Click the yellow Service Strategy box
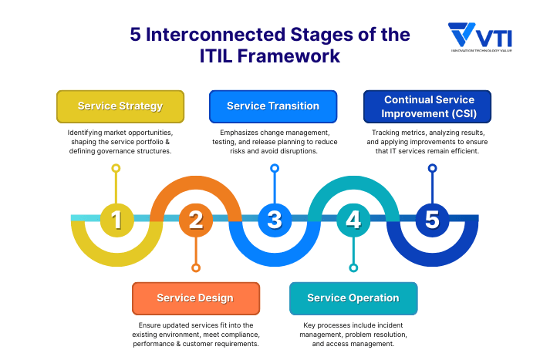[x=120, y=106]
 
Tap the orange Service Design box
[x=195, y=298]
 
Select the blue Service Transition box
[x=273, y=106]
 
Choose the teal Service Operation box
[x=353, y=298]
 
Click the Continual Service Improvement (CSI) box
[x=429, y=106]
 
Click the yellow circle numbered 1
[x=116, y=220]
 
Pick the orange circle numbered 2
[x=196, y=220]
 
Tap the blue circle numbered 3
[x=275, y=220]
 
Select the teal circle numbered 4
[x=353, y=220]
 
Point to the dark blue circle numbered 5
[x=432, y=220]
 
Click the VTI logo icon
[x=462, y=35]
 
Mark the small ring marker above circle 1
[x=116, y=167]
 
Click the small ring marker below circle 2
[x=196, y=268]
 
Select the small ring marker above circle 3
[x=275, y=167]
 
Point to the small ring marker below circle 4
[x=353, y=268]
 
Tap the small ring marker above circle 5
[x=432, y=167]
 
